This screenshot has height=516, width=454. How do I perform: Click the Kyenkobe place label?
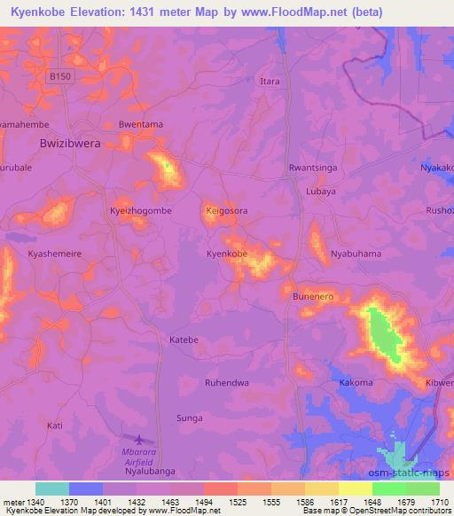tap(226, 254)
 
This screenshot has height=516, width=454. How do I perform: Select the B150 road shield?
tap(60, 77)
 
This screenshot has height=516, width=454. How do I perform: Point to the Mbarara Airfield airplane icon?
tap(139, 439)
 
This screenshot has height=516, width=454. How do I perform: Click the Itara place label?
tap(269, 82)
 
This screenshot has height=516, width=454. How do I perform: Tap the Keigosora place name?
tap(228, 211)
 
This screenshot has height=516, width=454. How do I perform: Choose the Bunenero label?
tap(313, 297)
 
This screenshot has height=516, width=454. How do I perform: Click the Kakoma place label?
tap(356, 382)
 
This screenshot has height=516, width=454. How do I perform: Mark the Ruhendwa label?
tap(226, 383)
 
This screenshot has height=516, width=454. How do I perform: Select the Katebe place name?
tap(184, 340)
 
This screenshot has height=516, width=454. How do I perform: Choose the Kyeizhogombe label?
tap(140, 211)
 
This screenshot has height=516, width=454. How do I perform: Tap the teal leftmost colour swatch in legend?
tap(51, 489)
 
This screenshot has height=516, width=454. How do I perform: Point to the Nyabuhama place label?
tap(356, 254)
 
